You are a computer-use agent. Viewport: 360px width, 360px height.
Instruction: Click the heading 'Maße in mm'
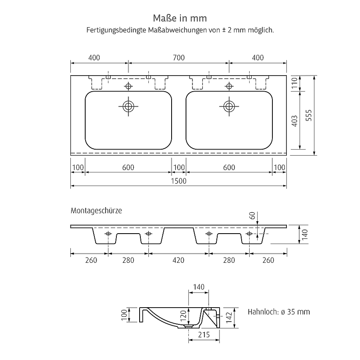(180, 18)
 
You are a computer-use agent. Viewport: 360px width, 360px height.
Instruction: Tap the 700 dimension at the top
(179, 58)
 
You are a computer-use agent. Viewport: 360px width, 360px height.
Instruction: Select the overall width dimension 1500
(179, 181)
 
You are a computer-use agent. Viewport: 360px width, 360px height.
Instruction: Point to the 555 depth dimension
(309, 115)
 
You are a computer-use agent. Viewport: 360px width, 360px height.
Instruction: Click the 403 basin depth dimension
(294, 121)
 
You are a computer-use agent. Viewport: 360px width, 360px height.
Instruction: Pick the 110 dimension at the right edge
(294, 83)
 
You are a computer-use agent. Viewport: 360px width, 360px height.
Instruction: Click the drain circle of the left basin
(128, 106)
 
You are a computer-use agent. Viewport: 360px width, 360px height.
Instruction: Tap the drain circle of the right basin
(229, 106)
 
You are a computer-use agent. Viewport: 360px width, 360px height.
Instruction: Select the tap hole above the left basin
(128, 86)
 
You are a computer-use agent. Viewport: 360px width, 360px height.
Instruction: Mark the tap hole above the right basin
(229, 86)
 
